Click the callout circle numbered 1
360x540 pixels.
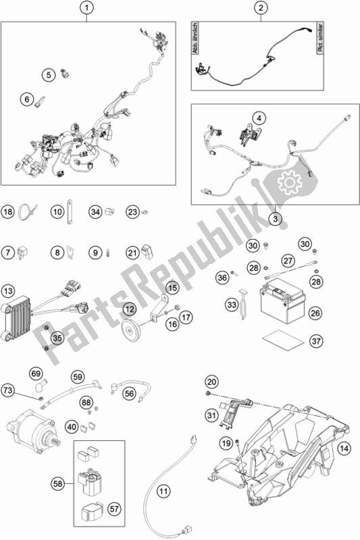[86, 9]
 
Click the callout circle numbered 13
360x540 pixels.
[8, 292]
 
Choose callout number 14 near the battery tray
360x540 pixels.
[346, 447]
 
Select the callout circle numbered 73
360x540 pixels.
[8, 391]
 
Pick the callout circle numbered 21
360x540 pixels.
[132, 252]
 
